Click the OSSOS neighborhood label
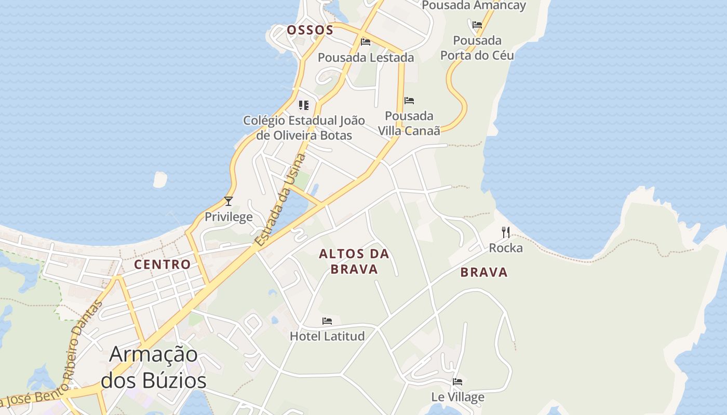click(x=310, y=30)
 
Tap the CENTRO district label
click(x=163, y=265)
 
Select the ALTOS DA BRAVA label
click(x=354, y=261)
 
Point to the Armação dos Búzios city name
click(x=153, y=368)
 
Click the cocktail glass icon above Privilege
click(x=228, y=201)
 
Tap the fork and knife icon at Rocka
click(x=506, y=232)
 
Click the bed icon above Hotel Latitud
click(x=327, y=321)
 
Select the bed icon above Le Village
click(x=457, y=382)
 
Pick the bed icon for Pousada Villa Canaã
click(x=409, y=101)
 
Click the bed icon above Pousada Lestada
click(x=366, y=42)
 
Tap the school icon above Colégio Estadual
click(x=304, y=106)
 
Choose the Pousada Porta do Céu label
click(x=477, y=48)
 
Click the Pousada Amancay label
click(x=474, y=6)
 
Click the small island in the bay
click(x=160, y=179)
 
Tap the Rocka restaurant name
click(x=506, y=248)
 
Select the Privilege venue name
click(x=228, y=217)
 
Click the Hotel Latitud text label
click(x=327, y=336)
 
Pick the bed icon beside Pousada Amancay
click(x=477, y=24)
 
